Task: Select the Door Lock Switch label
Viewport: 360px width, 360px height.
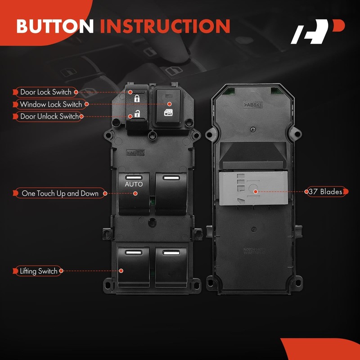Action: pyautogui.click(x=45, y=92)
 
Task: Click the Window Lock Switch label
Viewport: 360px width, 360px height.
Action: pyautogui.click(x=50, y=104)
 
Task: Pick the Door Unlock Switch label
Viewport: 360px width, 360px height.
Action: pyautogui.click(x=49, y=117)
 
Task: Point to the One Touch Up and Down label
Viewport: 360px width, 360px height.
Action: pyautogui.click(x=60, y=193)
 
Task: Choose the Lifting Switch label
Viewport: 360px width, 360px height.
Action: pyautogui.click(x=38, y=271)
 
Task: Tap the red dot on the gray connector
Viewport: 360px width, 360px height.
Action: pyautogui.click(x=256, y=192)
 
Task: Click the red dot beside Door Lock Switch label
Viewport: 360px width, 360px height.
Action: pyautogui.click(x=76, y=92)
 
